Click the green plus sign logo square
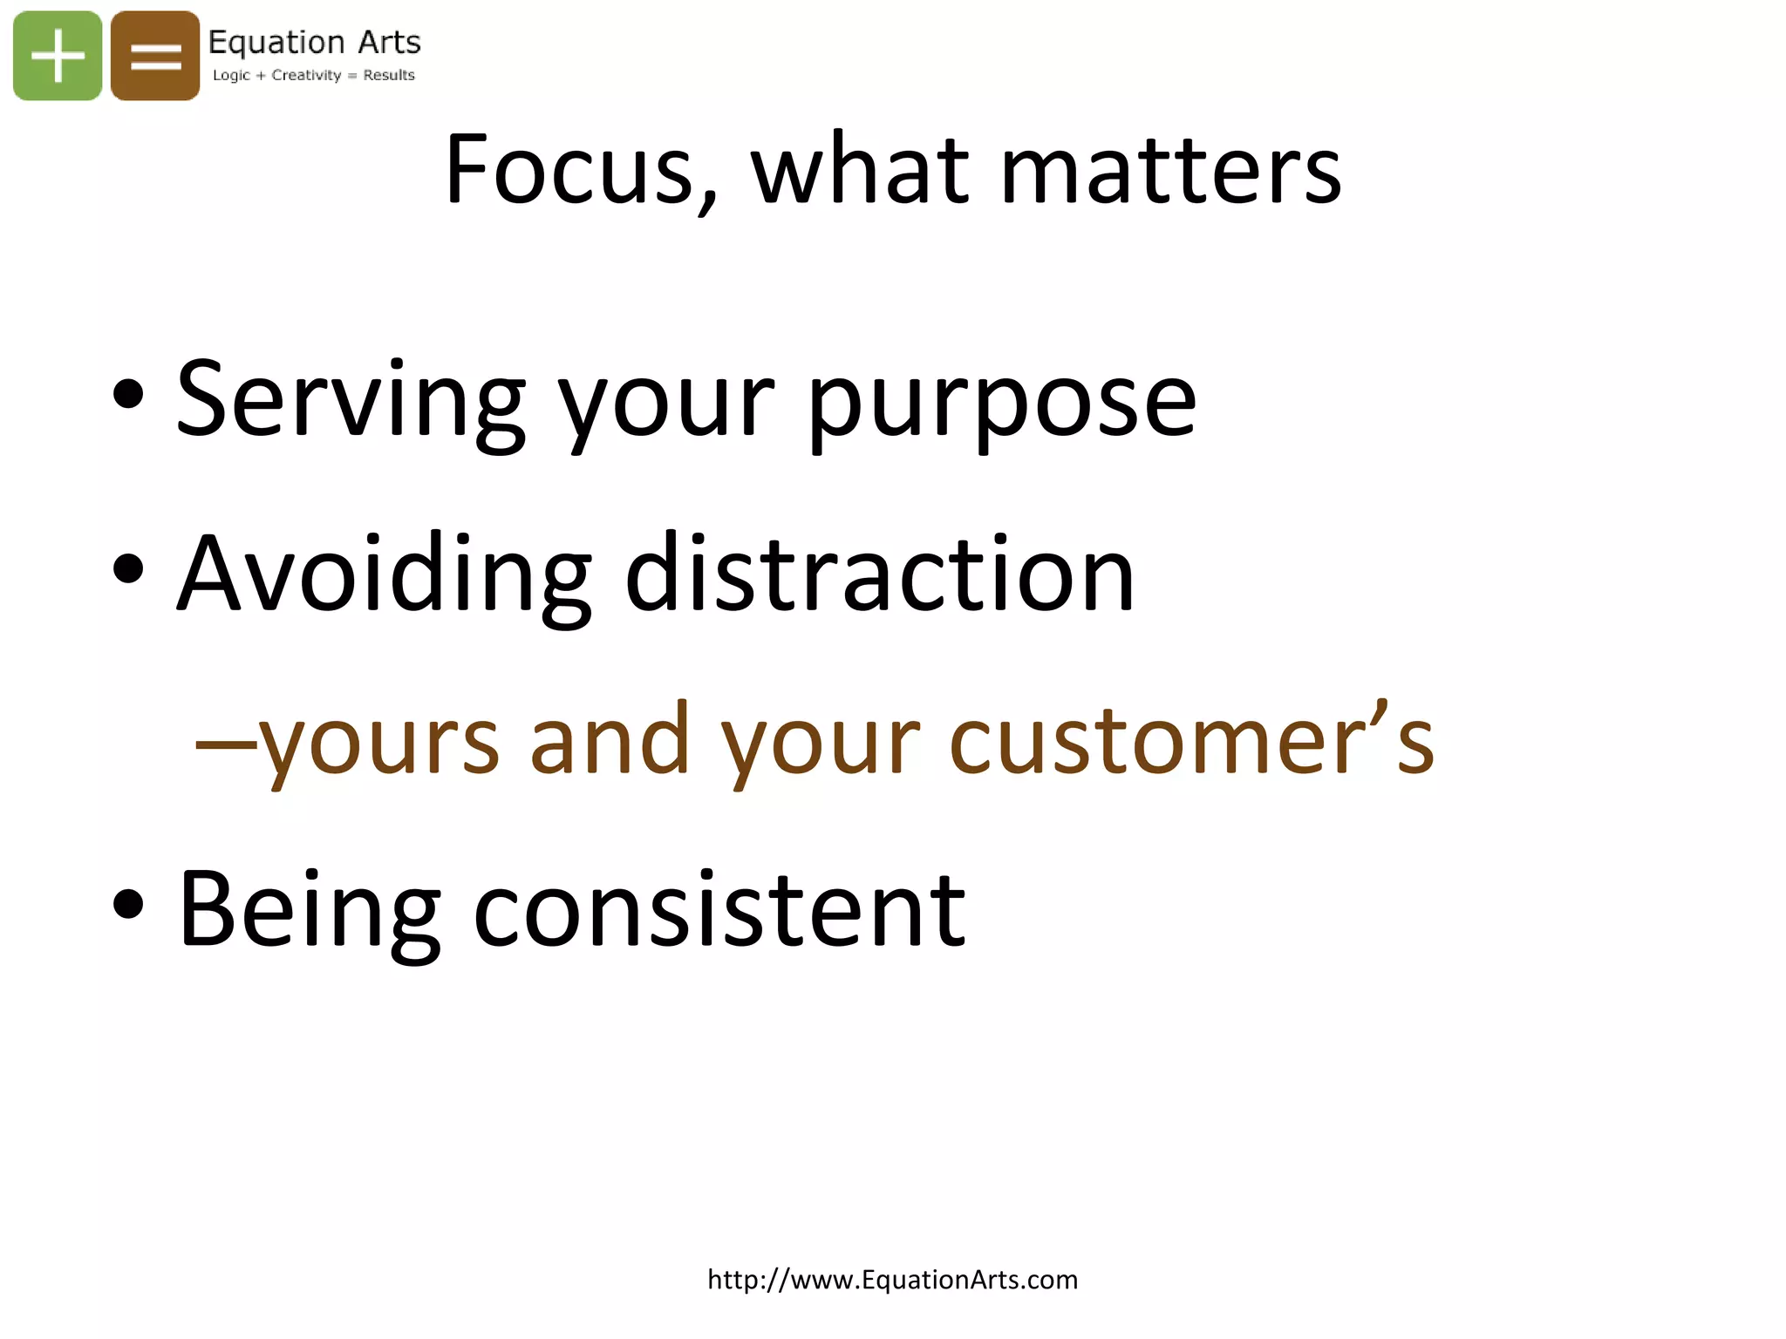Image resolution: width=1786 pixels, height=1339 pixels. pyautogui.click(x=58, y=56)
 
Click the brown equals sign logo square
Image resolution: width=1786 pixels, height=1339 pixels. pyautogui.click(x=155, y=56)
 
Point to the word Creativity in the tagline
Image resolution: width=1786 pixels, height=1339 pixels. pyautogui.click(x=306, y=75)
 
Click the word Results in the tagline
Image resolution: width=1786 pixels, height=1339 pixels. pyautogui.click(x=389, y=75)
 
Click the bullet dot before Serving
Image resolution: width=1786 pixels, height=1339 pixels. pyautogui.click(x=128, y=395)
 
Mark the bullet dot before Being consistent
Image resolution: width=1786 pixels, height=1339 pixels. pyautogui.click(x=128, y=904)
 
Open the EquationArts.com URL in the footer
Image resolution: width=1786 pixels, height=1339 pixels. pyautogui.click(x=892, y=1280)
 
